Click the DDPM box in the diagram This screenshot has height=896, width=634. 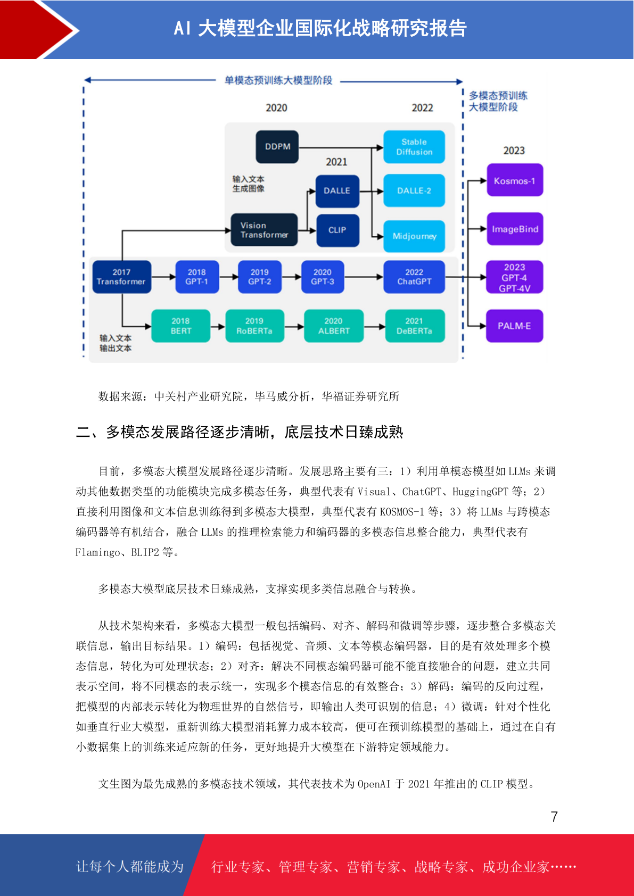277,146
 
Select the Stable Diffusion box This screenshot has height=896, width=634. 414,147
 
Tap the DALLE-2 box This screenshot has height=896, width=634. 414,190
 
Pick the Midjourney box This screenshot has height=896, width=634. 414,236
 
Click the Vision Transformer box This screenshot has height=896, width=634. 264,230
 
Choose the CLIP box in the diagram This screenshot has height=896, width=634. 337,230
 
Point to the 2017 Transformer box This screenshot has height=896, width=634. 122,277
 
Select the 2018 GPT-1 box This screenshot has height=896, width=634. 197,277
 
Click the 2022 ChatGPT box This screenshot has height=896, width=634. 414,277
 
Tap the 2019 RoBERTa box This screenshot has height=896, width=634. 254,326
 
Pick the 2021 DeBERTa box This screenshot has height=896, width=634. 415,326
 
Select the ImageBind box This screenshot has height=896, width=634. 515,229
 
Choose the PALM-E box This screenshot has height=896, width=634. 514,326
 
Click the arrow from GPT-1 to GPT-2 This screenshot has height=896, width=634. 228,277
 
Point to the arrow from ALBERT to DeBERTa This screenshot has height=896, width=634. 374,326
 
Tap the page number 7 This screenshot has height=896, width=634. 554,817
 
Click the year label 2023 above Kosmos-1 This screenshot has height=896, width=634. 514,151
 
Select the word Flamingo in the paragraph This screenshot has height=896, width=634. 97,553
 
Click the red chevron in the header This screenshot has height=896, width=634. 38,30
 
